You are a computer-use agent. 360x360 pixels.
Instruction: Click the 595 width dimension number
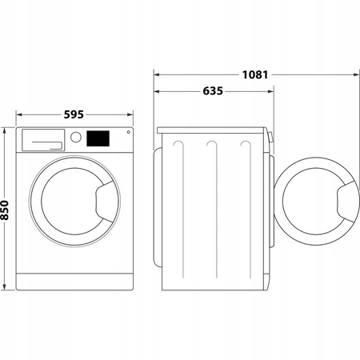coord(74,114)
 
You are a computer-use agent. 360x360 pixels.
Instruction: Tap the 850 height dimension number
coord(6,210)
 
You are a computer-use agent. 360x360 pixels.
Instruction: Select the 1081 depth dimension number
coord(254,76)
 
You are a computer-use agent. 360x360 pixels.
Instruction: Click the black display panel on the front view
coord(98,138)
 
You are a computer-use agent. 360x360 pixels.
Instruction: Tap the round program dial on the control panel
coord(76,138)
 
